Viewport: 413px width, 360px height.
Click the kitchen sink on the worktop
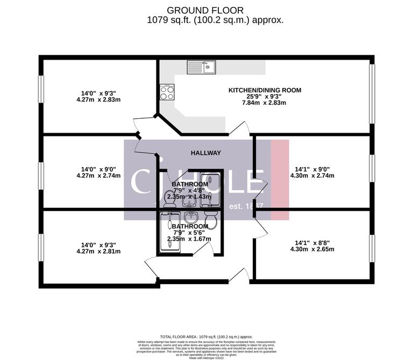coord(201,67)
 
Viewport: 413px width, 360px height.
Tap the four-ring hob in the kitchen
coord(167,93)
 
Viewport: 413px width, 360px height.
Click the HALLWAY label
coord(206,153)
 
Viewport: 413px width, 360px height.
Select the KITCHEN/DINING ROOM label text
coord(265,90)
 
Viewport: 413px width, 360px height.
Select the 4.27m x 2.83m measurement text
coord(98,99)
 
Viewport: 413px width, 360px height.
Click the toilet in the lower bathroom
coord(210,220)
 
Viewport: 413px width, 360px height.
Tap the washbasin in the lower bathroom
coord(190,218)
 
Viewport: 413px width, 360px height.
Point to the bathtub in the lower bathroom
coord(170,231)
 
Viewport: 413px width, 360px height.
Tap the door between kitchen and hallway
coord(240,129)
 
